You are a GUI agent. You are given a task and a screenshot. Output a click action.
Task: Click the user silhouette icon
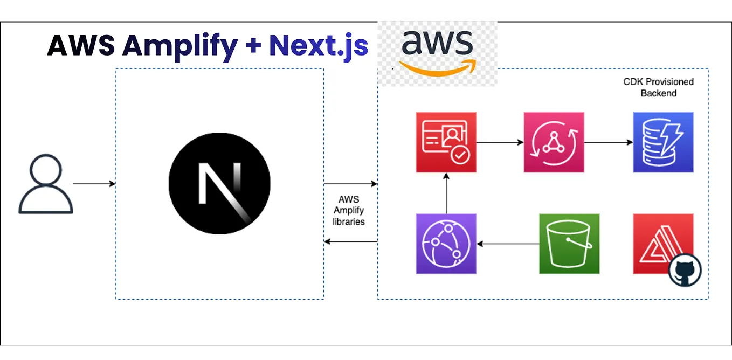[x=45, y=184]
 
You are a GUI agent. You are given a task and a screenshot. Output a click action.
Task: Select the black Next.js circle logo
[x=219, y=183]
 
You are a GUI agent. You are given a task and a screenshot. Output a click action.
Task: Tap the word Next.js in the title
[x=319, y=45]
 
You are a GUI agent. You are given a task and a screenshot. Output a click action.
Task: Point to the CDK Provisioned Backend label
[x=658, y=87]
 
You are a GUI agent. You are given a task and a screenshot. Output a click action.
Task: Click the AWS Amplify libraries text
[x=349, y=210]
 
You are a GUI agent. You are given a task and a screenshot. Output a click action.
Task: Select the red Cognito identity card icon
[x=446, y=142]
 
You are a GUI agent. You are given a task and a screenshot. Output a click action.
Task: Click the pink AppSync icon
[x=554, y=142]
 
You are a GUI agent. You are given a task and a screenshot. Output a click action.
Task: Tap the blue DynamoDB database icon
[x=663, y=142]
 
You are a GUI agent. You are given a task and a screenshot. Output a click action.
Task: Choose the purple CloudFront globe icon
[x=446, y=244]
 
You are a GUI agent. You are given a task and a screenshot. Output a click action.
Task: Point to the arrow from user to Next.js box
[x=94, y=184]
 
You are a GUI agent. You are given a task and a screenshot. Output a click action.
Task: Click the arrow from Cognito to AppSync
[x=500, y=142]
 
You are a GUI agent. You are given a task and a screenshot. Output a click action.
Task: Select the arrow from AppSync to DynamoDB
[x=609, y=142]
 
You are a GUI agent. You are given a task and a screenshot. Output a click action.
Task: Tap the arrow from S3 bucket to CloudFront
[x=508, y=244]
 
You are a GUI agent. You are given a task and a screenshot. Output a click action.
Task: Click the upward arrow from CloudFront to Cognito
[x=446, y=193]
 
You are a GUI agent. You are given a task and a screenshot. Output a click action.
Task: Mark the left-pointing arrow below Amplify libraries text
[x=350, y=241]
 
